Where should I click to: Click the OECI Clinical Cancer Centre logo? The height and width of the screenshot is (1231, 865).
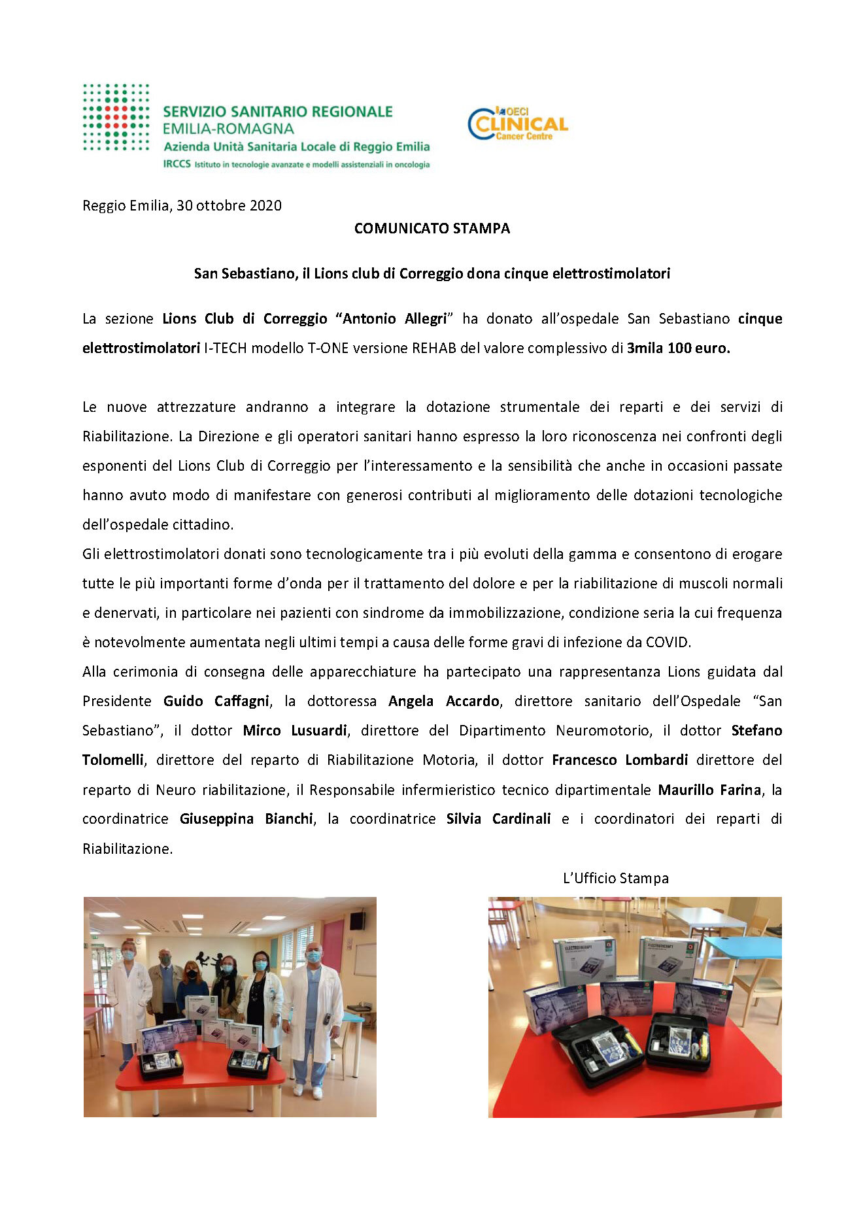click(x=518, y=124)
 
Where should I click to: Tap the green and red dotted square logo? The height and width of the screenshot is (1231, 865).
click(x=116, y=118)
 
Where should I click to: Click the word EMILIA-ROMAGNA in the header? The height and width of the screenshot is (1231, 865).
click(x=228, y=129)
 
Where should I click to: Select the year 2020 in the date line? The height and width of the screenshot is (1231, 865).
click(x=265, y=205)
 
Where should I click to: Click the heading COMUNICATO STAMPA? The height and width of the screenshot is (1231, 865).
click(x=432, y=228)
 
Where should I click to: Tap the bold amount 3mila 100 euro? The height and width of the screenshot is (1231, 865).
click(x=678, y=348)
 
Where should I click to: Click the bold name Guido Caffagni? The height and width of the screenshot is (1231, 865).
click(x=216, y=701)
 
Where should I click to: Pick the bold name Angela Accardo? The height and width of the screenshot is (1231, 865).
click(x=444, y=701)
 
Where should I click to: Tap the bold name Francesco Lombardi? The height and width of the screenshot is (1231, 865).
click(x=619, y=760)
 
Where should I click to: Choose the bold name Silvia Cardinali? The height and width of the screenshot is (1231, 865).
click(x=498, y=818)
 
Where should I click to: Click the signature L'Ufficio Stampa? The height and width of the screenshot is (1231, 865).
click(x=615, y=878)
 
